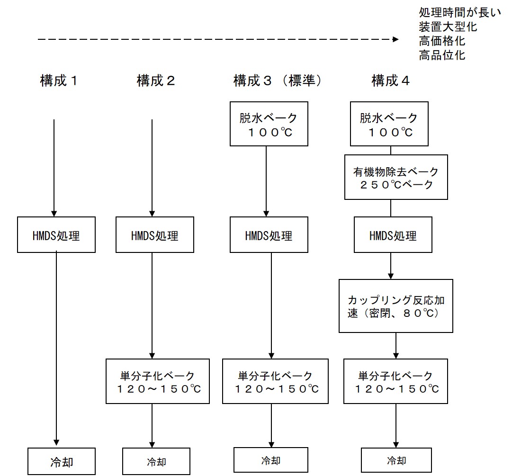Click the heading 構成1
click(x=59, y=81)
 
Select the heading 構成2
click(x=156, y=81)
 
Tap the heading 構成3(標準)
click(x=278, y=81)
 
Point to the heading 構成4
click(x=390, y=81)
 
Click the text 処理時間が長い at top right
click(x=459, y=12)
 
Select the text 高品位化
click(x=442, y=55)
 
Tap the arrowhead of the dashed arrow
click(x=395, y=40)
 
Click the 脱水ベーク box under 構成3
click(x=269, y=124)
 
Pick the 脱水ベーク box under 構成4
click(x=389, y=124)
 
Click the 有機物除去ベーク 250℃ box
click(x=396, y=177)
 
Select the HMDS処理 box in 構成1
click(x=56, y=235)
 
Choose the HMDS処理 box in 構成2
click(x=155, y=235)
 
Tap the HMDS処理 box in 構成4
click(x=393, y=235)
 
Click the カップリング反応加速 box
click(x=396, y=305)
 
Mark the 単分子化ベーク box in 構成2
click(x=158, y=382)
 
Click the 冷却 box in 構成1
click(x=62, y=461)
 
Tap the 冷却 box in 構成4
click(x=396, y=460)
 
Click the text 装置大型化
click(x=448, y=27)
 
